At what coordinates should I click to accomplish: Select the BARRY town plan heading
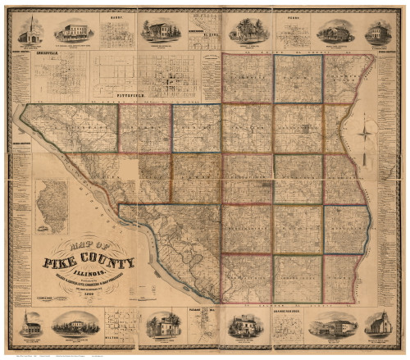116,14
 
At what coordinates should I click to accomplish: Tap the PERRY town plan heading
291,14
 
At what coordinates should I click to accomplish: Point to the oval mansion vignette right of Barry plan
162,31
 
